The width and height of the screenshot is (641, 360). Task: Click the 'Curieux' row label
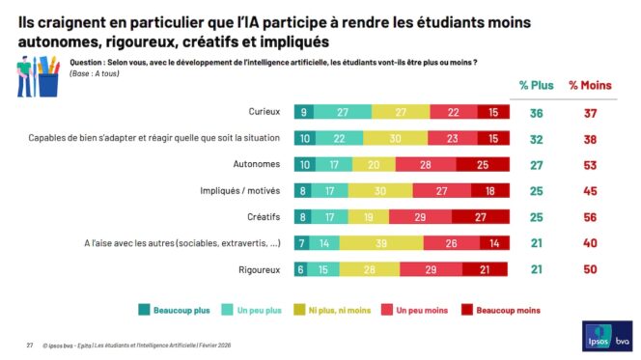point(266,112)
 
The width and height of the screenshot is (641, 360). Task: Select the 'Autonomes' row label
point(261,164)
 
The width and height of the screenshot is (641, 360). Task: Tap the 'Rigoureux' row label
point(261,269)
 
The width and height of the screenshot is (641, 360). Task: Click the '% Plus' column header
point(536,85)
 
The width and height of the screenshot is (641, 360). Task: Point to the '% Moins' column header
point(587,85)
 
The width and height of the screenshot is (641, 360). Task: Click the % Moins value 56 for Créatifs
point(587,217)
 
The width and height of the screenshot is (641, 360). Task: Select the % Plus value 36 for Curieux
point(536,112)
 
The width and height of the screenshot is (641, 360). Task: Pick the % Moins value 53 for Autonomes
point(587,164)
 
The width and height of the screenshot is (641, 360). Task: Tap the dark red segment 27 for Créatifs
point(479,217)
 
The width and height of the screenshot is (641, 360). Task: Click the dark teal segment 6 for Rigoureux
point(301,269)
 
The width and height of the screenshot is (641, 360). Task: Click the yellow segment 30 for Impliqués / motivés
point(383,191)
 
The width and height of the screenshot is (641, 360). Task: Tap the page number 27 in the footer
point(29,344)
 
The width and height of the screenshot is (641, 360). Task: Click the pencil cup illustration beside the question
point(37,76)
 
